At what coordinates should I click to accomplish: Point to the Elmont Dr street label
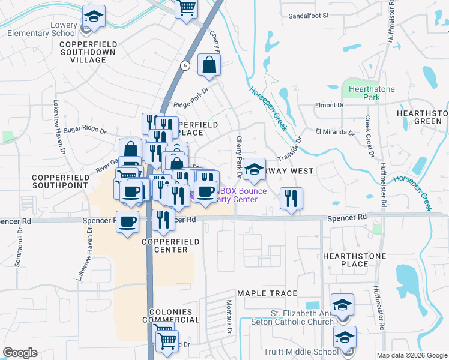(330, 105)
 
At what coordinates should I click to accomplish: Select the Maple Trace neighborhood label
(267, 293)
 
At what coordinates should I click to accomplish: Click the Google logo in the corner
(20, 353)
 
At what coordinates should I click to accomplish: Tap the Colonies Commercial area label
(171, 316)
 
